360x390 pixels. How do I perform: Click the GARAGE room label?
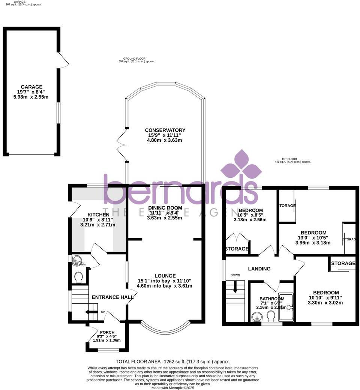(31, 87)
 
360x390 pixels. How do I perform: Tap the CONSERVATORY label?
(165, 130)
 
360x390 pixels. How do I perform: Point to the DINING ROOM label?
(165, 208)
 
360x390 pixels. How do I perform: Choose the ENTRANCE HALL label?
(113, 297)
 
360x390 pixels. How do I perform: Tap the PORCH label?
(107, 332)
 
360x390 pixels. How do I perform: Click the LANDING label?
(259, 268)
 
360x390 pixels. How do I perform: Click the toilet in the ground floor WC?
(79, 277)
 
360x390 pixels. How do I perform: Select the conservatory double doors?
(122, 146)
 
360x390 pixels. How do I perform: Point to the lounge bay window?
(165, 329)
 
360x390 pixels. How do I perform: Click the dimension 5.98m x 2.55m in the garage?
(31, 97)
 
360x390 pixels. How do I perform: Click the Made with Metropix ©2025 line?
(172, 387)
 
